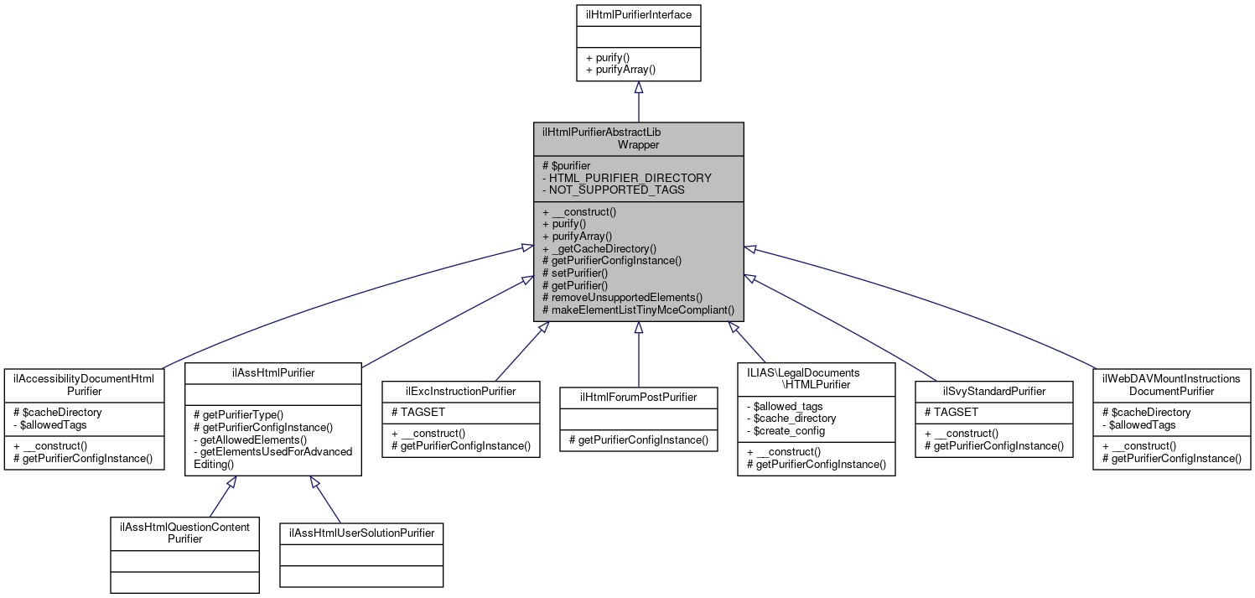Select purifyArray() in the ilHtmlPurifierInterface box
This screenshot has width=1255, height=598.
620,70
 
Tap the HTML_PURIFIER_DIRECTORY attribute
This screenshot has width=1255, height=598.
627,178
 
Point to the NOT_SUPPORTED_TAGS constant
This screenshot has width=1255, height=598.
613,190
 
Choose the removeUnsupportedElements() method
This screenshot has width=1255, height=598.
622,297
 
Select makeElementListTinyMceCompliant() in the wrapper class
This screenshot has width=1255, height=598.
638,309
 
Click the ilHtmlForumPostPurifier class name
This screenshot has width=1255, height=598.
638,397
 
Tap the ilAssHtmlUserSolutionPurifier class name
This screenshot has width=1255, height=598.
361,533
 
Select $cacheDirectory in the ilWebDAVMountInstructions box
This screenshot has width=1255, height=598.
1145,412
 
